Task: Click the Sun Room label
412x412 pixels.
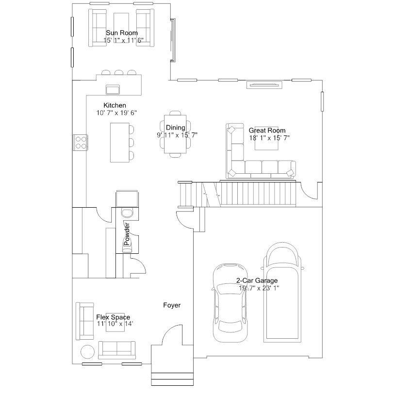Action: point(122,33)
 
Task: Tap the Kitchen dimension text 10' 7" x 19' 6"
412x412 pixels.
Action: point(116,113)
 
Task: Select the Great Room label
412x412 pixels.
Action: point(267,131)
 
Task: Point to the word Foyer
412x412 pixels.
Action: point(172,305)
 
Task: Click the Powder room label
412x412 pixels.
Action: point(127,234)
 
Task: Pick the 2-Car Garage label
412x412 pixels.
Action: point(257,280)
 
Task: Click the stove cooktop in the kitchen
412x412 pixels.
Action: point(81,142)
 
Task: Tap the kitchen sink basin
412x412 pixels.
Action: point(113,89)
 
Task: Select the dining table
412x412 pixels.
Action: point(175,134)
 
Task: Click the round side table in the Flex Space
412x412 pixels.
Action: point(87,351)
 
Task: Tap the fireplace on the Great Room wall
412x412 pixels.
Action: point(264,85)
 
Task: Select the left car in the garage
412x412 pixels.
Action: point(230,302)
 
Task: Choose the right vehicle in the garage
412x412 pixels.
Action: point(282,293)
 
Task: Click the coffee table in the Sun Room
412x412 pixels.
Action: point(121,28)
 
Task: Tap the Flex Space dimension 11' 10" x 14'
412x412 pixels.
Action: point(115,324)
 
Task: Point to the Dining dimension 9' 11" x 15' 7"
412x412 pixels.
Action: point(177,135)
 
